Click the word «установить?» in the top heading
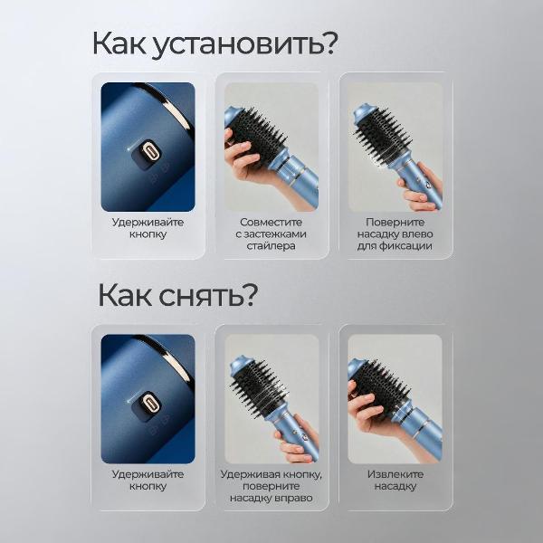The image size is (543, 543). point(244,44)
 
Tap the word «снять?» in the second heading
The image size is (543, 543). point(208,295)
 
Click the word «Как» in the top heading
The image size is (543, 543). point(119,43)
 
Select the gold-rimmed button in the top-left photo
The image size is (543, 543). point(149,150)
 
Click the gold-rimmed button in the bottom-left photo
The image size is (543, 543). point(149,403)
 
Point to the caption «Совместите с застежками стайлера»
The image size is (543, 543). point(271,233)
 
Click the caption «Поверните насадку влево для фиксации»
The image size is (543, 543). point(395,233)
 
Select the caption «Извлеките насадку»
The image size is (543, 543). point(395,480)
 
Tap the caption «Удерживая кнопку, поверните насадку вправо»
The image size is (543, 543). point(271,486)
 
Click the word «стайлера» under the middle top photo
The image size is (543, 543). point(271,246)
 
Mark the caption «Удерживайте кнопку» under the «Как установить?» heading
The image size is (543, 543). point(148,228)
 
